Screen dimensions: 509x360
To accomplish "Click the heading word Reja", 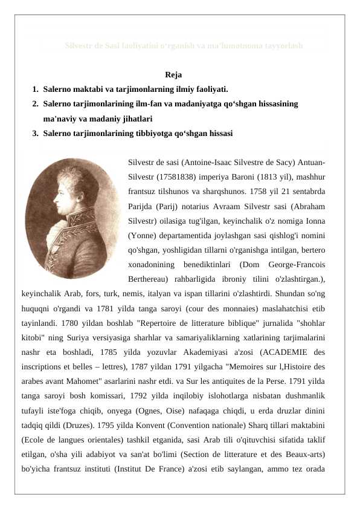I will click(x=173, y=75).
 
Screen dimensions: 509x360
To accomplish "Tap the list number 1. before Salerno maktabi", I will click(x=37, y=89).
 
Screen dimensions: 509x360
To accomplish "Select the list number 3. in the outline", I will click(x=37, y=133).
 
